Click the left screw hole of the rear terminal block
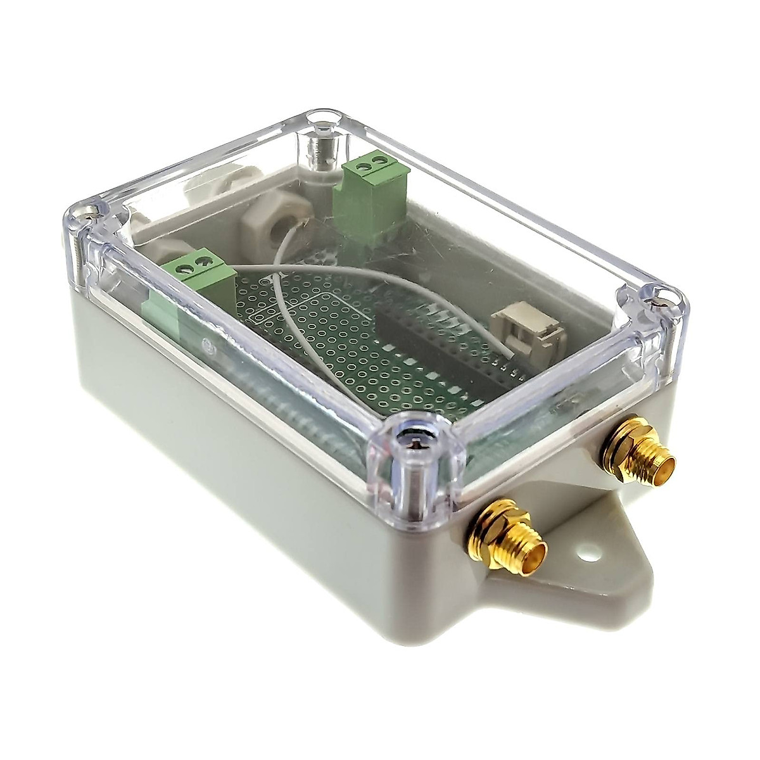pyautogui.click(x=362, y=165)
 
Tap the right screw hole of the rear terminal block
pyautogui.click(x=377, y=160)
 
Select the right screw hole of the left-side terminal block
pyautogui.click(x=203, y=260)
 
